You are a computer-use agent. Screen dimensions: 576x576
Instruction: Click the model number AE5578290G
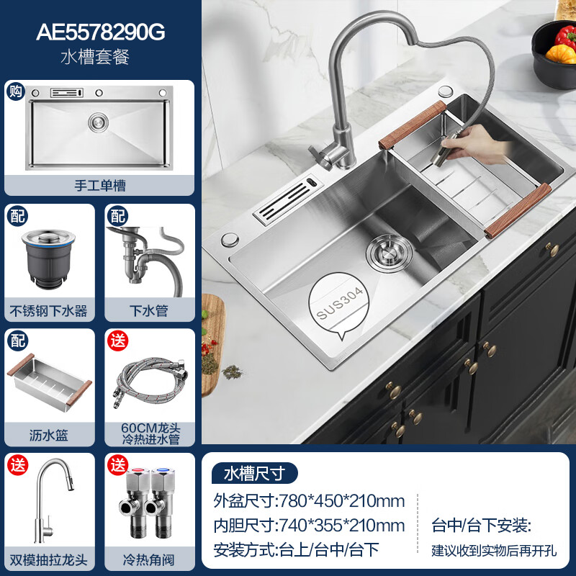click(100, 32)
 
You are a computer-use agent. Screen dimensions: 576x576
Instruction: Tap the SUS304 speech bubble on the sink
click(338, 305)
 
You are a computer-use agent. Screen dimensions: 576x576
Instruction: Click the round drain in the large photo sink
click(389, 253)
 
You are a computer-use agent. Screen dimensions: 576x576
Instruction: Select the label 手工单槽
click(100, 185)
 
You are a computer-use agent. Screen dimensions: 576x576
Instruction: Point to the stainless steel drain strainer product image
click(49, 259)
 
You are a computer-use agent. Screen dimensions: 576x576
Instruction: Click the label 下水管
click(149, 311)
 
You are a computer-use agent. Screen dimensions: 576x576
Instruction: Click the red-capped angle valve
click(135, 503)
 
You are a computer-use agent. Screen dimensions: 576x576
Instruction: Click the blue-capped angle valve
click(162, 503)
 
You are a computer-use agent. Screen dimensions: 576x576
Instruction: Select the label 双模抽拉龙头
click(48, 560)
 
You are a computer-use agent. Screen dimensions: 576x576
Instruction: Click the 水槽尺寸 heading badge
click(255, 473)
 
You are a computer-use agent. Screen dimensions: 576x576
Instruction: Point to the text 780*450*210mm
click(342, 501)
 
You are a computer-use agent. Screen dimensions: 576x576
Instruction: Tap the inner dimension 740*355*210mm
click(342, 526)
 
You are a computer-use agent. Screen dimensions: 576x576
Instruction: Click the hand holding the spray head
click(473, 145)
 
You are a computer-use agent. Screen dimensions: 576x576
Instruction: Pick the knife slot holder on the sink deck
click(289, 200)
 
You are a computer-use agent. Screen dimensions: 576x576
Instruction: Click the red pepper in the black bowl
click(566, 37)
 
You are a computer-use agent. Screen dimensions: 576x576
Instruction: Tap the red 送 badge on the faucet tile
click(18, 465)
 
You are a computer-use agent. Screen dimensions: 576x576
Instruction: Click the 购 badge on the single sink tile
click(15, 91)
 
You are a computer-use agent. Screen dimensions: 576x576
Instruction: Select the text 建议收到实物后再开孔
click(494, 551)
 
